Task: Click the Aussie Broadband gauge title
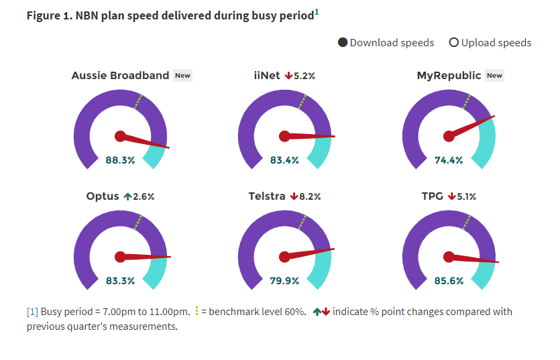[120, 76]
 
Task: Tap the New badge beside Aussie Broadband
[182, 76]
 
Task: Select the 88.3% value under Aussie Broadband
[120, 160]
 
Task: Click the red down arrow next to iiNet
[288, 76]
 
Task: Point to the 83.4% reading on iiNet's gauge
[284, 160]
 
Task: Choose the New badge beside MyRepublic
[494, 76]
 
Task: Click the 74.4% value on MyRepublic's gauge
[449, 160]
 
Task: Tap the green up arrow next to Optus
[127, 196]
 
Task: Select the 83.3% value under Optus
[120, 281]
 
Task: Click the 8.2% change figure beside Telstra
[310, 196]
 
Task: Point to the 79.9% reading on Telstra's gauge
[284, 281]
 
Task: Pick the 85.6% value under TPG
[449, 281]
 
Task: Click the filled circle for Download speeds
[343, 43]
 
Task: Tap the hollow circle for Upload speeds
[454, 43]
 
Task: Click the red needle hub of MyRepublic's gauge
[449, 136]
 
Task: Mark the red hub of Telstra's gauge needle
[284, 257]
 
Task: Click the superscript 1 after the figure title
[317, 11]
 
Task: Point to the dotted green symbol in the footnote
[196, 311]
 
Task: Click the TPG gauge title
[433, 196]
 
